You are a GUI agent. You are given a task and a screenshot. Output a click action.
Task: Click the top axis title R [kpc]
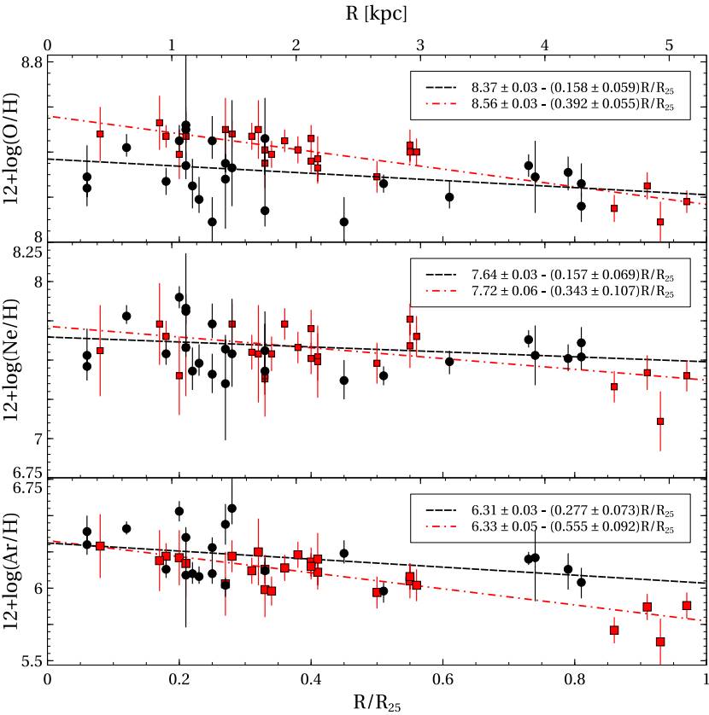[x=376, y=14]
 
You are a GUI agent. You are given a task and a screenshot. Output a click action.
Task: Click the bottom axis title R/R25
[x=376, y=703]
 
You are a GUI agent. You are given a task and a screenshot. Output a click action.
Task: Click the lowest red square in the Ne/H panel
[x=660, y=421]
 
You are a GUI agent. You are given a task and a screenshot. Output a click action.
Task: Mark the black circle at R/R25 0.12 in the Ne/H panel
[x=126, y=316]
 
